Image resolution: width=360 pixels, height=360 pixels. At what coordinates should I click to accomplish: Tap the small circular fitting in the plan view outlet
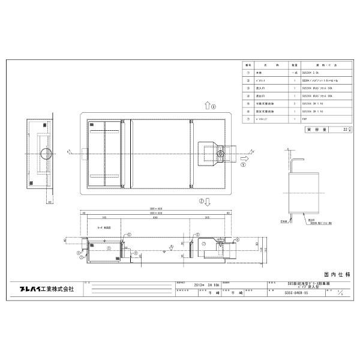[x=221, y=154]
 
